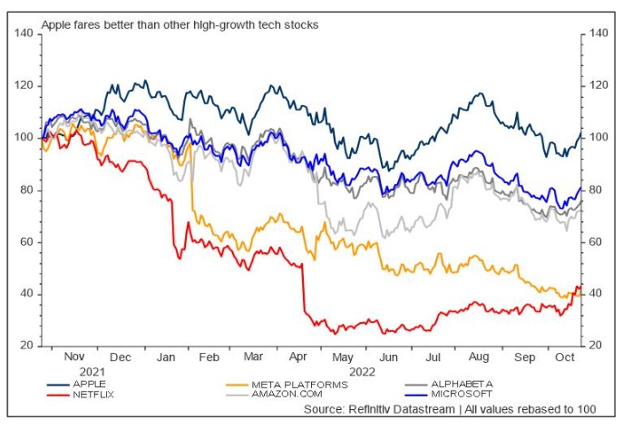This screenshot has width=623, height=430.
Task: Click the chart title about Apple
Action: [x=180, y=25]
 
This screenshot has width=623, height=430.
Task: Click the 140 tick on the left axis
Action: [x=24, y=34]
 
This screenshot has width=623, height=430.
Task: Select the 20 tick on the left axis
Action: [x=26, y=347]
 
